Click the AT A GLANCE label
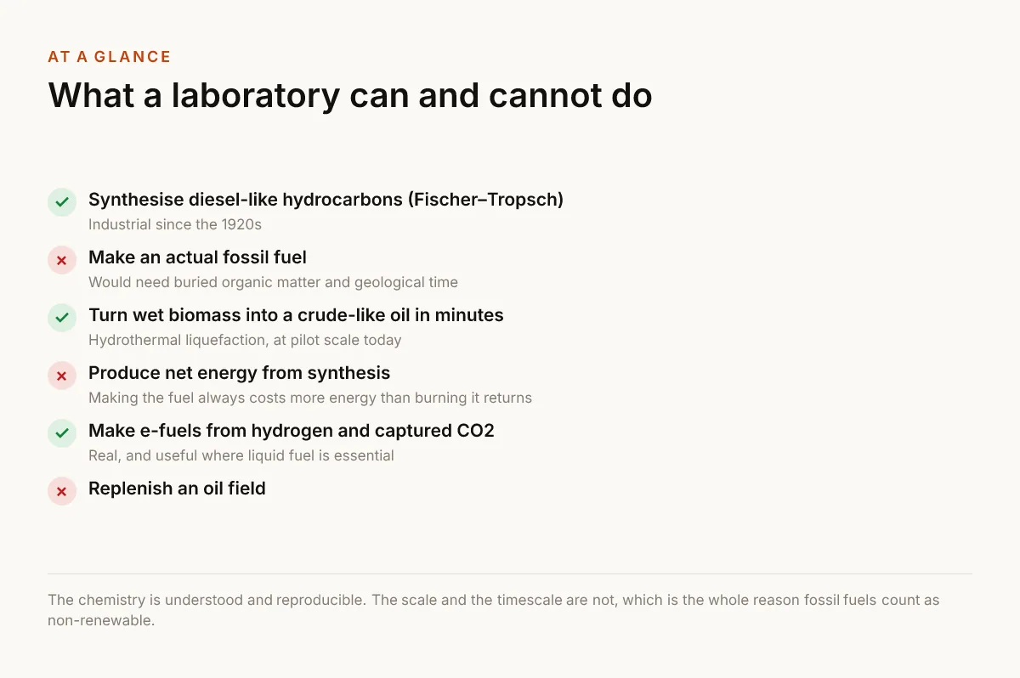pos(110,57)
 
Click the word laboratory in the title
pos(256,96)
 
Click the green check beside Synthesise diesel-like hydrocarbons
pos(62,202)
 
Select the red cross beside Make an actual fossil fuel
pos(62,260)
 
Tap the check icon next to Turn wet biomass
pos(62,318)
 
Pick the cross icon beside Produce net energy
pos(62,376)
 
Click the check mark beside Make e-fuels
pos(62,433)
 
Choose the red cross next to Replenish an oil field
pos(62,491)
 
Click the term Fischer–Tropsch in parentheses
pos(486,200)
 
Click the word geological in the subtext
pos(389,283)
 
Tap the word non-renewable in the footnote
pos(101,621)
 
